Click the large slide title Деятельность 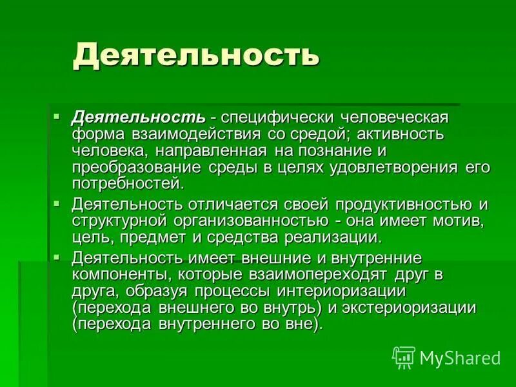coord(196,55)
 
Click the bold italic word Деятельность coord(138,119)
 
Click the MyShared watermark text coord(460,358)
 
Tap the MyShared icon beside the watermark coord(404,357)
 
